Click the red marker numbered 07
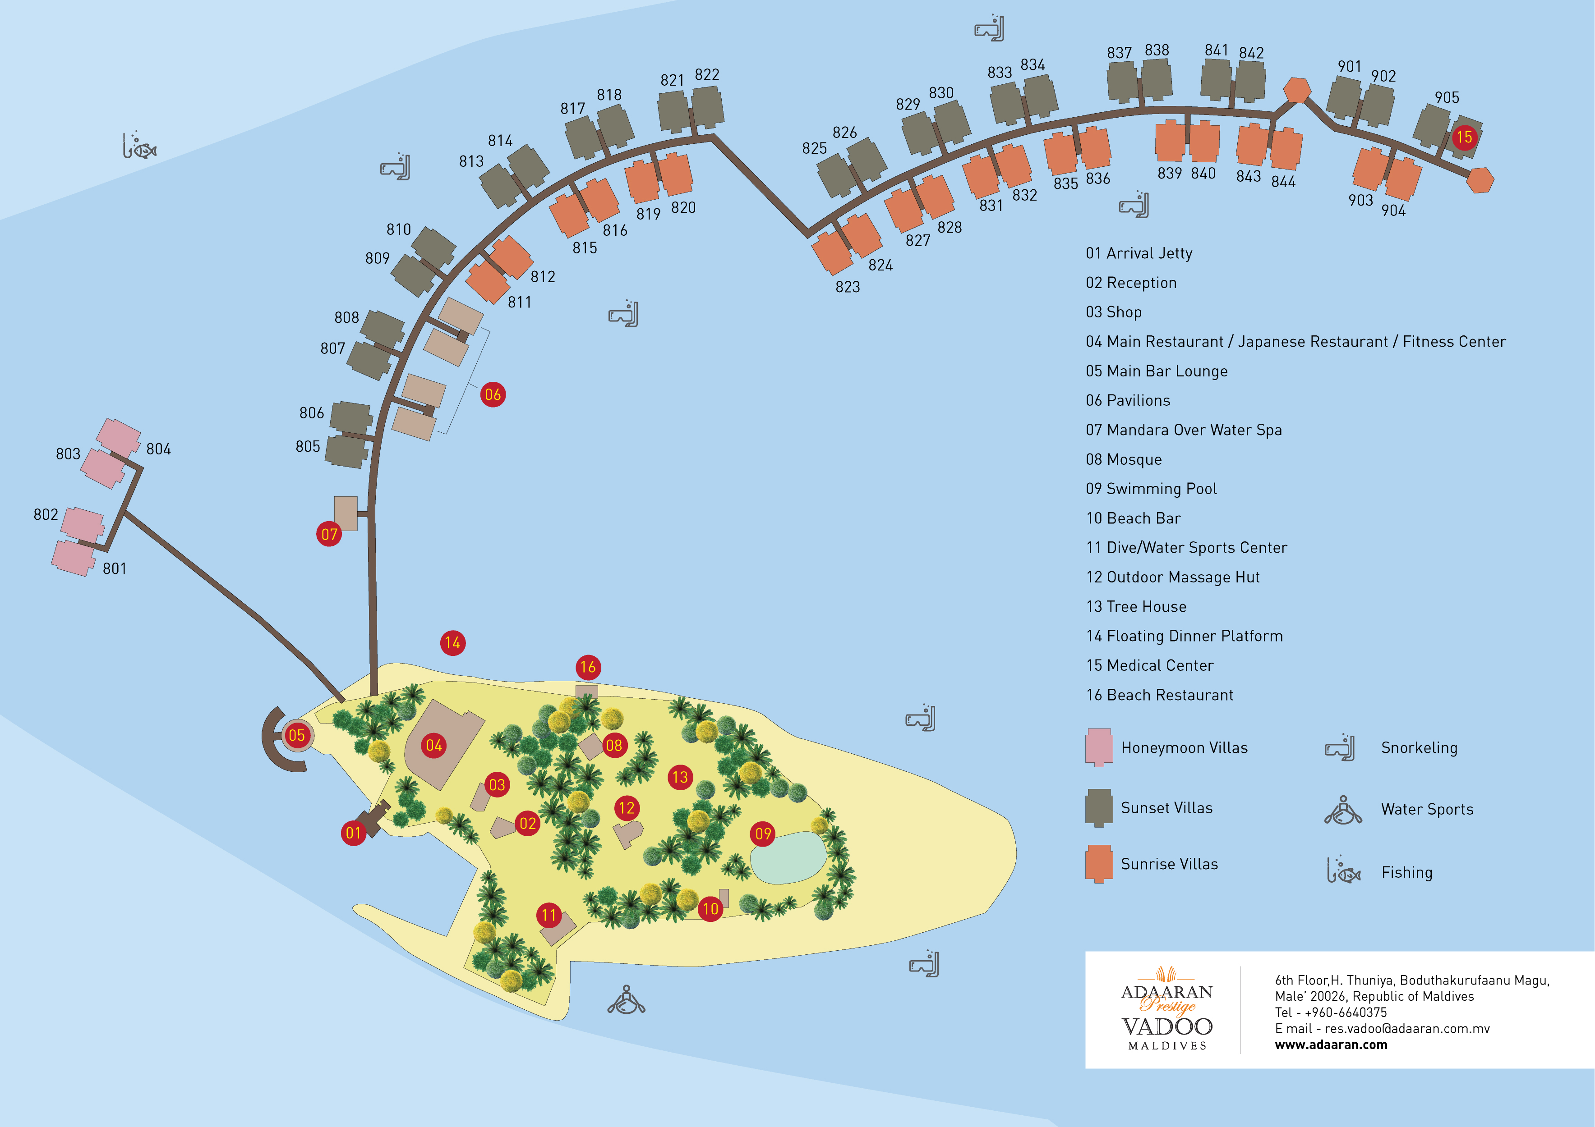click(x=329, y=534)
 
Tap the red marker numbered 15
click(x=1464, y=137)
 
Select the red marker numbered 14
click(x=453, y=643)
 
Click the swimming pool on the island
click(x=788, y=857)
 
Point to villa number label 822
click(x=707, y=74)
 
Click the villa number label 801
click(x=115, y=569)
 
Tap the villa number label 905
click(x=1447, y=97)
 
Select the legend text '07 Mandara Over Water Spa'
click(x=1184, y=430)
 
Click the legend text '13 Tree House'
click(x=1136, y=606)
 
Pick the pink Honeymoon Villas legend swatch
click(x=1099, y=747)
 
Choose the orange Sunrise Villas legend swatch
click(x=1099, y=864)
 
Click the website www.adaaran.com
click(x=1331, y=1045)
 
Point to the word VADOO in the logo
click(x=1167, y=1026)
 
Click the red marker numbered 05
click(x=297, y=735)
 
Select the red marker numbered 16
click(x=588, y=667)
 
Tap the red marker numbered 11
click(x=549, y=915)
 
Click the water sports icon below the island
click(x=627, y=1000)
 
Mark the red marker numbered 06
click(x=493, y=394)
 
